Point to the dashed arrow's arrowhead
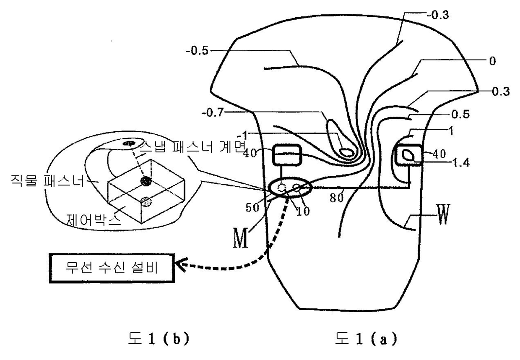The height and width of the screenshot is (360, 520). (181, 265)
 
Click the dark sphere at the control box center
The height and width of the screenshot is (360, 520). (145, 181)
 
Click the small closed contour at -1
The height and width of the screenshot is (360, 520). (346, 152)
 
